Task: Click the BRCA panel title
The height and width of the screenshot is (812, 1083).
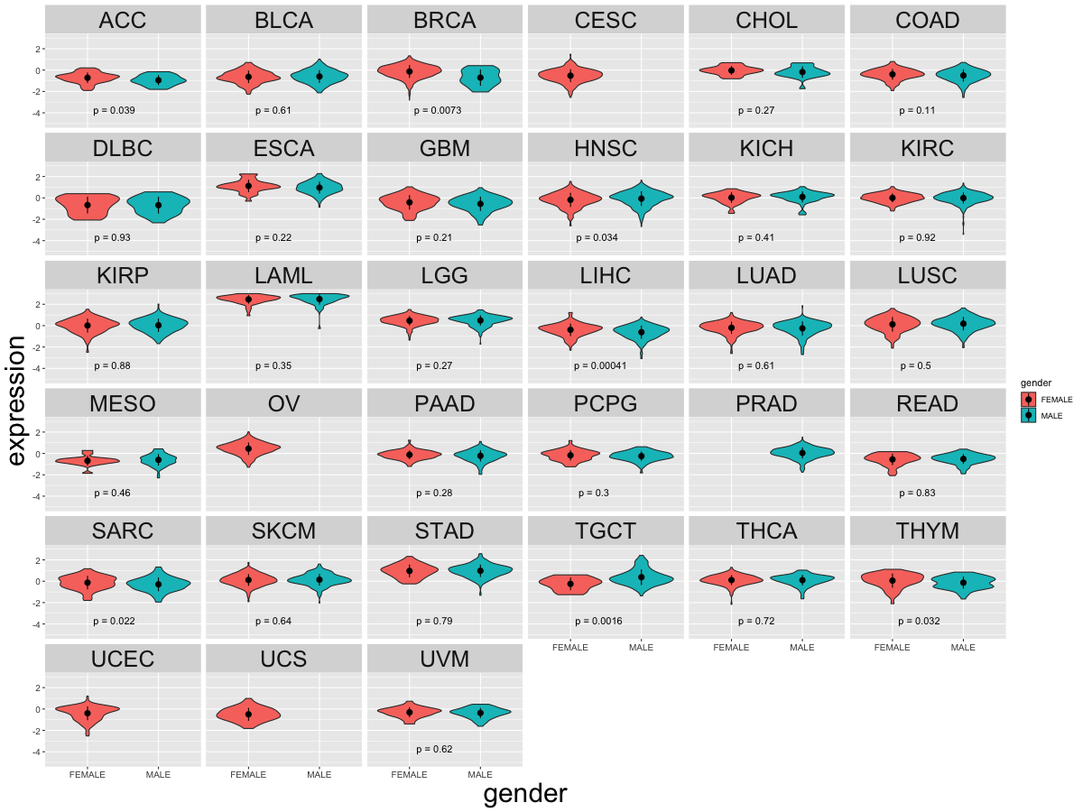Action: [x=445, y=20]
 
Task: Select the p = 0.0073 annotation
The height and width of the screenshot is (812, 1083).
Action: [x=438, y=110]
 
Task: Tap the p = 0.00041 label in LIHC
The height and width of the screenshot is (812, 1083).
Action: [x=600, y=365]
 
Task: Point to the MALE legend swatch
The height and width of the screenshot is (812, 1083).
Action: [x=1028, y=416]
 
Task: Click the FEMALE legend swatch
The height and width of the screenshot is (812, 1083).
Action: [x=1028, y=400]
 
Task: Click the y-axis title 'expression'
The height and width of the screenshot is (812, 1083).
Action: [x=15, y=401]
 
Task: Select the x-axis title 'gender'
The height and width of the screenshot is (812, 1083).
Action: [x=525, y=794]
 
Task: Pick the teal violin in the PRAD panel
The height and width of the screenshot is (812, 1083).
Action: [x=802, y=453]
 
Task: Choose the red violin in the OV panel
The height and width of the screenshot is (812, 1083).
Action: [x=249, y=448]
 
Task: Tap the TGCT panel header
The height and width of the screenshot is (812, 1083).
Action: [x=606, y=531]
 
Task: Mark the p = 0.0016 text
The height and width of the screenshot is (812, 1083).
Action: [x=598, y=622]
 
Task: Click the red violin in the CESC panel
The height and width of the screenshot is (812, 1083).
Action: [x=570, y=75]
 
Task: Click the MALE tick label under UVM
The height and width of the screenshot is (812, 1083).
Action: [x=480, y=774]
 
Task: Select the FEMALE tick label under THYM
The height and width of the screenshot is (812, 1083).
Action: [x=892, y=647]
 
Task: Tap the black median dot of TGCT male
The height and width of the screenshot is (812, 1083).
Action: [x=642, y=577]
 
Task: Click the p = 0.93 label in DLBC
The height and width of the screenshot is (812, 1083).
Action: [x=112, y=237]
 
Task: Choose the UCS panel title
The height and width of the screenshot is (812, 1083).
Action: [x=283, y=659]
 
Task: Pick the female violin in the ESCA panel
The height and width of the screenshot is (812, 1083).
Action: [x=249, y=187]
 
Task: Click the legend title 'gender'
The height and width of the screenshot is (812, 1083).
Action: [x=1036, y=383]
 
